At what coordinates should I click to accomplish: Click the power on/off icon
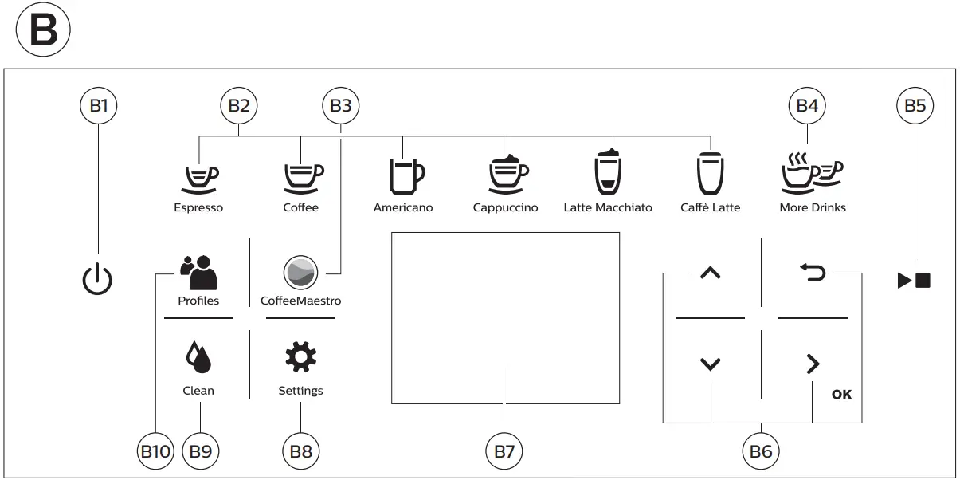[98, 280]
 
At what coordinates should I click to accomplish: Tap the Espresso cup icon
[198, 178]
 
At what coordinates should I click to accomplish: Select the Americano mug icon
[405, 175]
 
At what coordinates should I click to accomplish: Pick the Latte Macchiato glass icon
[607, 171]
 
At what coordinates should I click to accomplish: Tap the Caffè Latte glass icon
[710, 173]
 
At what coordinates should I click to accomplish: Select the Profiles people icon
[198, 273]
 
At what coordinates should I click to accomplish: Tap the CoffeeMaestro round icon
[300, 273]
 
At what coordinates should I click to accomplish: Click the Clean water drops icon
[198, 358]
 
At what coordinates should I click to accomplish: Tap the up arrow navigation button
[710, 273]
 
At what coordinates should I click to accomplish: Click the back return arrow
[813, 273]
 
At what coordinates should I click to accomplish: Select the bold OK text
[841, 394]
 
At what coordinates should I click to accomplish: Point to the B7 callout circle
[504, 451]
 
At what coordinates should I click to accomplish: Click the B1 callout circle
[98, 105]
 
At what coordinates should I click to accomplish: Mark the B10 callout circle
[155, 451]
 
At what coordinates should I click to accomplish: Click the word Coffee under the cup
[300, 208]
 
